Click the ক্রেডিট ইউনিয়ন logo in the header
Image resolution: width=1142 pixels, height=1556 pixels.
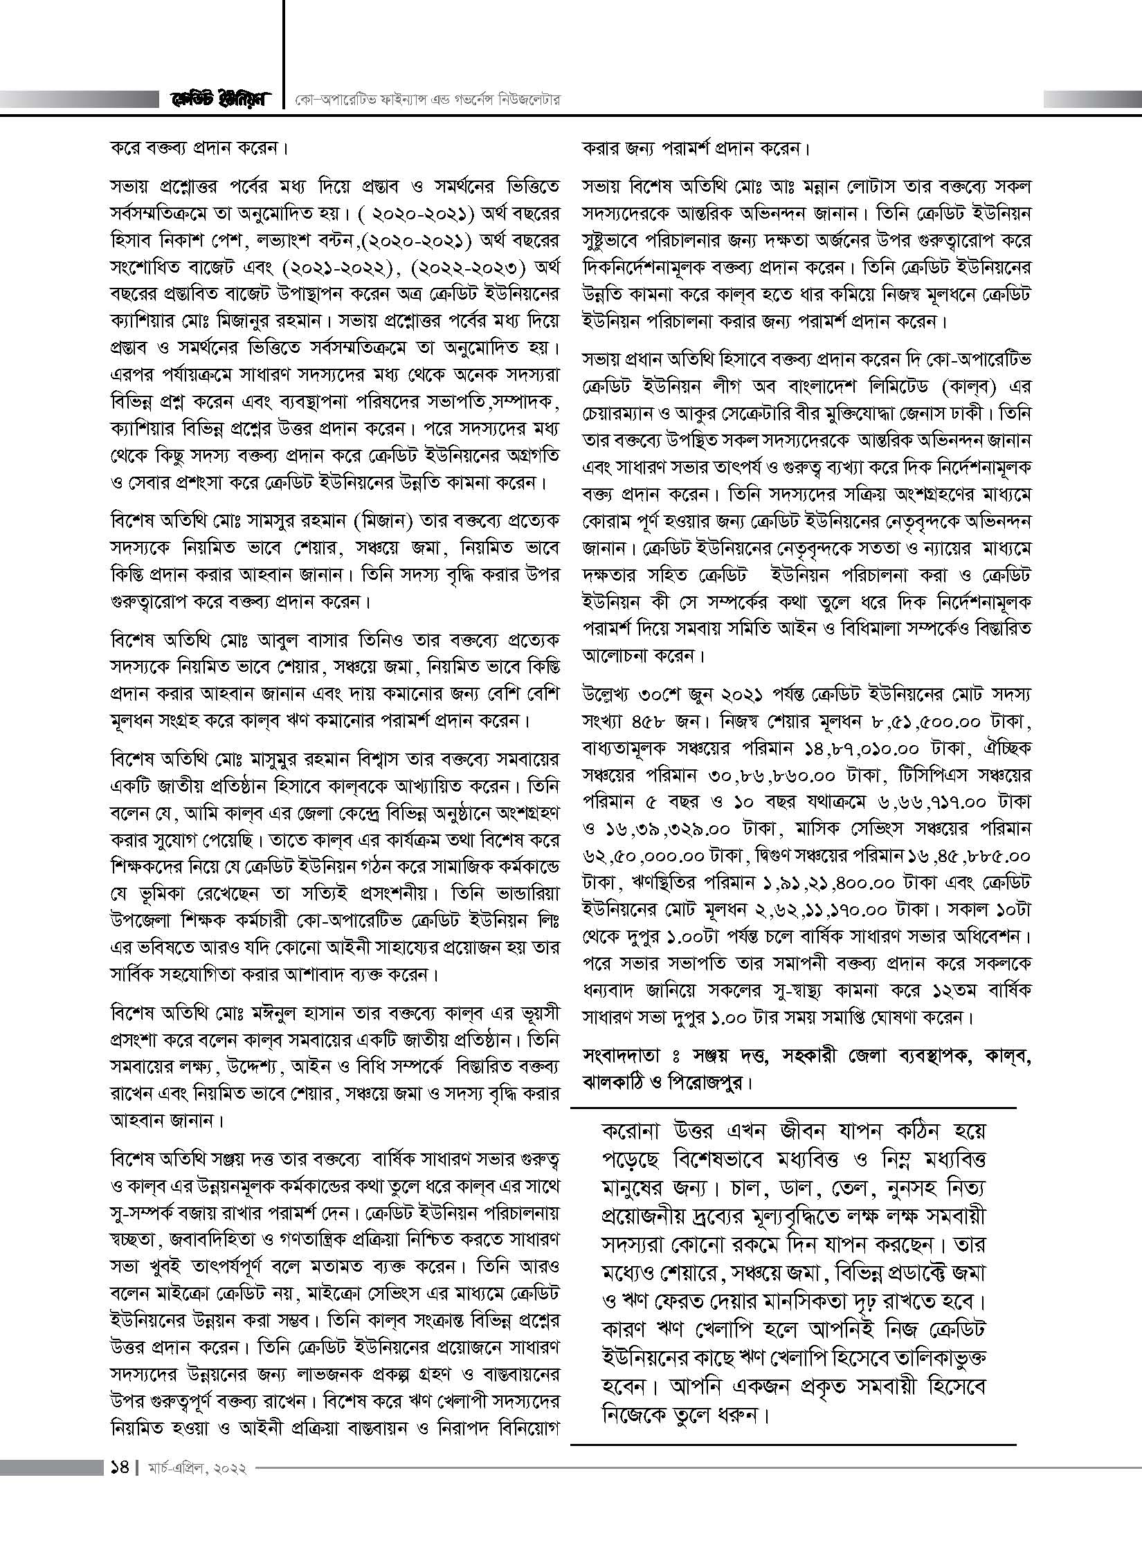pyautogui.click(x=221, y=100)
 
